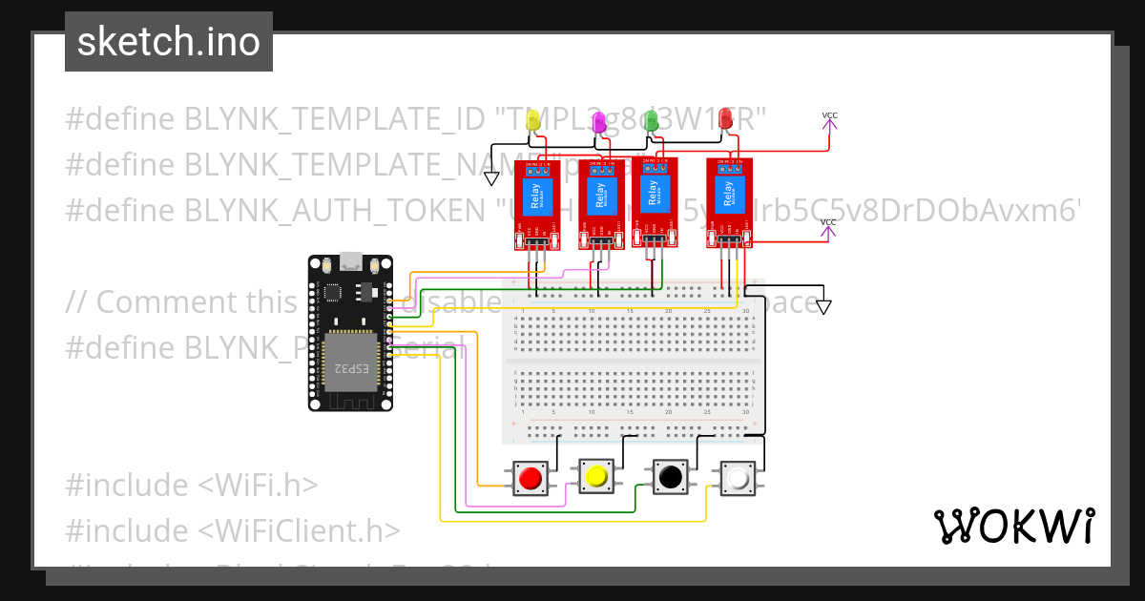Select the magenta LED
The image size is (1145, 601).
click(x=599, y=122)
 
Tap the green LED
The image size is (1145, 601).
click(x=652, y=120)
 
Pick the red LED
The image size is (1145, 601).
click(x=725, y=118)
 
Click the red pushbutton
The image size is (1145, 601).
click(x=531, y=477)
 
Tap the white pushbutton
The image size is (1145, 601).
click(x=739, y=477)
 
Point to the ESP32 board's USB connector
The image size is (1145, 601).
click(x=350, y=259)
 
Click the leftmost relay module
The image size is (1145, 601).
click(x=536, y=203)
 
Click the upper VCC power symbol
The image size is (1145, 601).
click(x=829, y=117)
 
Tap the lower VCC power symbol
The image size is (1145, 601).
click(x=828, y=224)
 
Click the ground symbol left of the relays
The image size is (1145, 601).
click(x=491, y=177)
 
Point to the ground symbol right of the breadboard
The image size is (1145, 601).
click(x=823, y=307)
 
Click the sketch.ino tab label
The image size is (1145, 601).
click(x=169, y=42)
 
